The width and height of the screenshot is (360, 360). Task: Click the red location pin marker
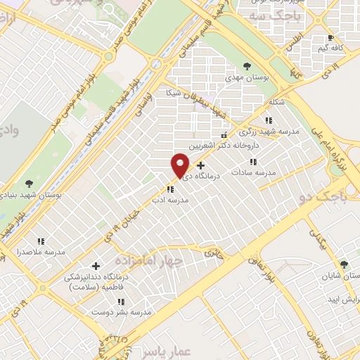[x=180, y=165]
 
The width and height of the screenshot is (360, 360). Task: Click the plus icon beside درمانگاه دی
[x=200, y=165]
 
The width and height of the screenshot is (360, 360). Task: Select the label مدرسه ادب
[x=169, y=200]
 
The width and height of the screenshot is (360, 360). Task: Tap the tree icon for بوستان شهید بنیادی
[x=29, y=184]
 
